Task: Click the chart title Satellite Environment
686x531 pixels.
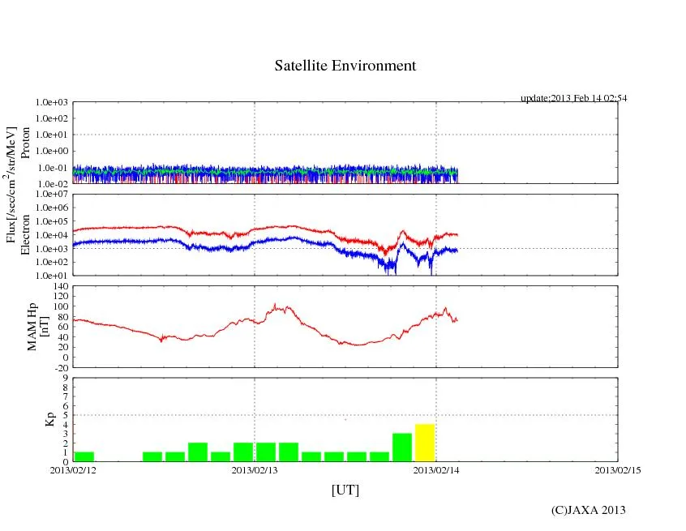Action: tap(345, 66)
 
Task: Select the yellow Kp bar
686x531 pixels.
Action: tap(425, 443)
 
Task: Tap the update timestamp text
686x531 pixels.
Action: tap(573, 98)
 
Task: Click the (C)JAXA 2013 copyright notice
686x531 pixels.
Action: tap(588, 510)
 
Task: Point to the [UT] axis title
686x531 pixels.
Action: tap(345, 490)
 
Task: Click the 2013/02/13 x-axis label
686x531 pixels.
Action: tap(255, 469)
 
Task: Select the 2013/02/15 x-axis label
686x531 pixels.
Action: tap(617, 469)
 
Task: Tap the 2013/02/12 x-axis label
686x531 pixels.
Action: tap(73, 469)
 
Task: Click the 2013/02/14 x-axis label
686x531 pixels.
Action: tap(436, 469)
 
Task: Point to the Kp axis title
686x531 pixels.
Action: tap(49, 419)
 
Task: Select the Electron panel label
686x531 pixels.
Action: tap(25, 235)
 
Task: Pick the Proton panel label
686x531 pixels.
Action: tap(25, 143)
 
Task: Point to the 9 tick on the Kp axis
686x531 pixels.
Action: tap(66, 378)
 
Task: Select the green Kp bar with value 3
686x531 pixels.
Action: tap(402, 447)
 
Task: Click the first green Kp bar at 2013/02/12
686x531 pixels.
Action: tap(84, 456)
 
